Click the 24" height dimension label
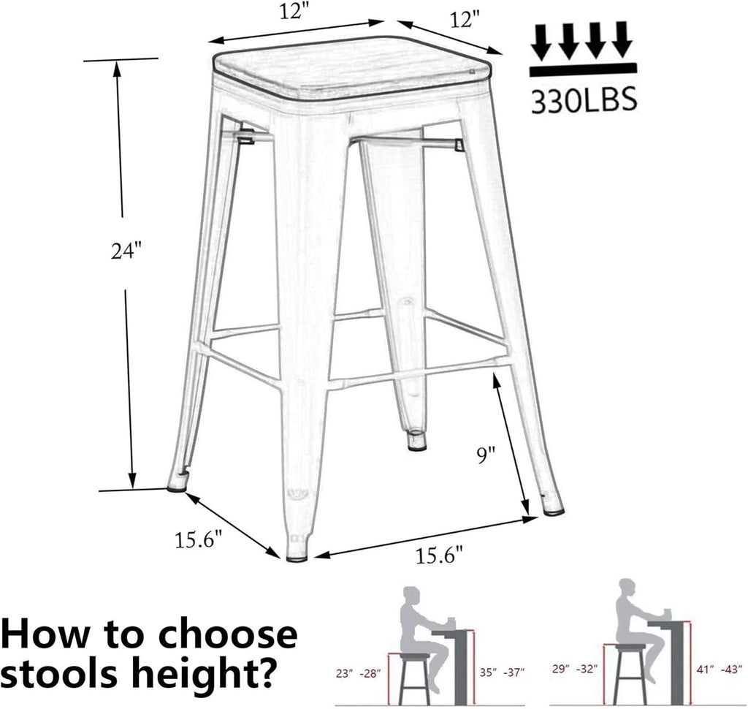(125, 251)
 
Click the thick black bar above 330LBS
(583, 69)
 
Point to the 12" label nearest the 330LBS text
(465, 20)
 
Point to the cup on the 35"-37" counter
(451, 622)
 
